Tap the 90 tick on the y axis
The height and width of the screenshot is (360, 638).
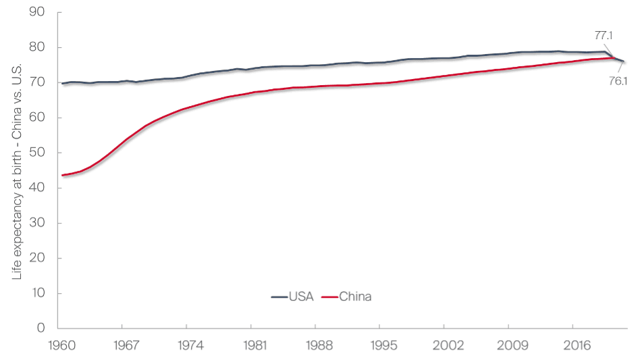pyautogui.click(x=38, y=12)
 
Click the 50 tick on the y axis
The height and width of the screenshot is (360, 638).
pyautogui.click(x=38, y=153)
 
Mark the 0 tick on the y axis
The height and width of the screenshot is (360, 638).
pyautogui.click(x=41, y=328)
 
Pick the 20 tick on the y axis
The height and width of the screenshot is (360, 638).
pyautogui.click(x=38, y=258)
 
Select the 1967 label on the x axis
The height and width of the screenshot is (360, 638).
pyautogui.click(x=122, y=344)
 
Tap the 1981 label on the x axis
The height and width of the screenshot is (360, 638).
pyautogui.click(x=251, y=344)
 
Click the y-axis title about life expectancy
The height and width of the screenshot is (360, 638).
pyautogui.click(x=17, y=172)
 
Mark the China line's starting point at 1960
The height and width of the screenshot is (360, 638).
pyautogui.click(x=62, y=175)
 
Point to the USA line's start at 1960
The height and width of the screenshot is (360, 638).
pyautogui.click(x=62, y=83)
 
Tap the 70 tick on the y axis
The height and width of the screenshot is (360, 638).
pyautogui.click(x=38, y=82)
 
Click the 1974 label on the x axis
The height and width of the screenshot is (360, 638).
pyautogui.click(x=187, y=344)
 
